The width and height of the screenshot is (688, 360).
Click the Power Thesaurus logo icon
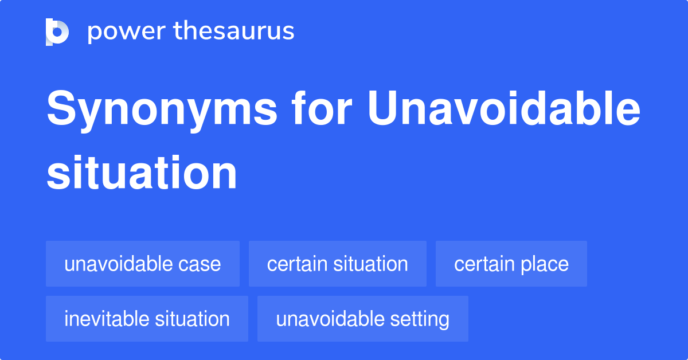point(57,32)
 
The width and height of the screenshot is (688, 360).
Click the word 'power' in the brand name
point(127,32)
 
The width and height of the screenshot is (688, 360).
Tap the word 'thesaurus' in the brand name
point(234,30)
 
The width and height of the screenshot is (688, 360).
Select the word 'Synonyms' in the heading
point(162,111)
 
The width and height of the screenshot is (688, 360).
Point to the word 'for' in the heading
point(322,108)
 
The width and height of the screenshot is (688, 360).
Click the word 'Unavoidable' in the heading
point(504,108)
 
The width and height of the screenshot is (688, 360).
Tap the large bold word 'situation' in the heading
point(142,173)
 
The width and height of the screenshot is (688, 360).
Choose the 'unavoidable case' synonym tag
point(143,264)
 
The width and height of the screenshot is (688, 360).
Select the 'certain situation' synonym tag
point(338,264)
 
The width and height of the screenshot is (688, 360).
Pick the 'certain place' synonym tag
point(511,264)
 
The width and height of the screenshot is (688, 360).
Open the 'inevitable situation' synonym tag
point(147,319)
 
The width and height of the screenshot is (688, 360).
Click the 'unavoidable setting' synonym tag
point(363,319)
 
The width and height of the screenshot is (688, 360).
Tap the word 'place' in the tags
point(545,264)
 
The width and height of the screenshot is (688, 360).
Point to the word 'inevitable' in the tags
point(107,319)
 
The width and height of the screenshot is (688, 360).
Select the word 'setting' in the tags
point(420,320)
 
